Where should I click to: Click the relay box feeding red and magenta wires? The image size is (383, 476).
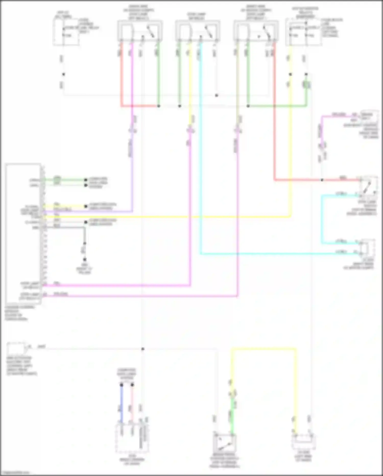pos(140,31)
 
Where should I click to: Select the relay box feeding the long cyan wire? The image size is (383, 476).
pos(198,31)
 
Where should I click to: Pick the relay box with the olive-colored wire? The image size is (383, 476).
pos(256,31)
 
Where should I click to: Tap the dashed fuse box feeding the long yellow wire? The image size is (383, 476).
pos(303,32)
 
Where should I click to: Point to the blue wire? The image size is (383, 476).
pos(122,404)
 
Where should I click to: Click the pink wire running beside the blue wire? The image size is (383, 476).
pos(132,404)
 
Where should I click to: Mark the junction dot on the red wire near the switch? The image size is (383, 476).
pos(322,180)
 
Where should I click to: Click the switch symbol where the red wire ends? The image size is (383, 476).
pos(368,185)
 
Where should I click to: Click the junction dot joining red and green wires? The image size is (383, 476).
pos(159,106)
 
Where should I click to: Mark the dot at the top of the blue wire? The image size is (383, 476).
pos(122,385)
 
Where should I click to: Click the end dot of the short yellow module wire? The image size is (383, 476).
pos(86,206)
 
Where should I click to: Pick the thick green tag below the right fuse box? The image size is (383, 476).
pos(306,84)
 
